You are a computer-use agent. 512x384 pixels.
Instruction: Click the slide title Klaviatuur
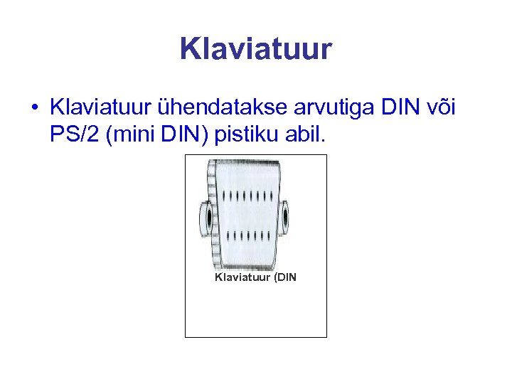(255, 50)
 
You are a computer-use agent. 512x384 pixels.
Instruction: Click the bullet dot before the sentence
(34, 108)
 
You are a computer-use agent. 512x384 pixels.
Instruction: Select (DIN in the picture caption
(283, 277)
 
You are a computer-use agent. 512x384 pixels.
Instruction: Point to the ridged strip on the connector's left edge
(212, 213)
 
